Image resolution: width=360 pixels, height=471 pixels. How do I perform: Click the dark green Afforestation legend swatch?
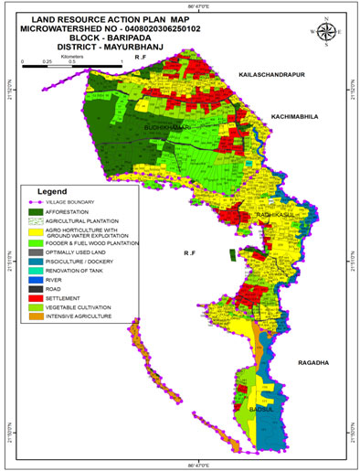point(37,212)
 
